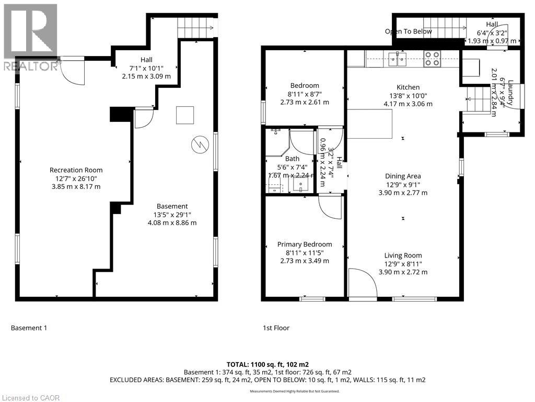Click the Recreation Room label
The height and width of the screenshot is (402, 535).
coord(76,170)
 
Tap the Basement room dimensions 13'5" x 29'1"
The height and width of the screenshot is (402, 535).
coord(172,215)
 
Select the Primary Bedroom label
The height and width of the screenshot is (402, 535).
coord(305,244)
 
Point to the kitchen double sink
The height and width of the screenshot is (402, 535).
coord(398,58)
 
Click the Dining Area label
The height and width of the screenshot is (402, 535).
coord(403,176)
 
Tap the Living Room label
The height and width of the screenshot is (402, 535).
coord(403,255)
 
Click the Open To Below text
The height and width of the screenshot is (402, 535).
coord(409,31)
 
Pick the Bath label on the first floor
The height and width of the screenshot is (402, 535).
coord(292,159)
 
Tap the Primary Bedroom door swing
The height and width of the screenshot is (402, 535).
coord(330,207)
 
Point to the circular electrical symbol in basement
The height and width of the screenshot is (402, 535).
coord(199,144)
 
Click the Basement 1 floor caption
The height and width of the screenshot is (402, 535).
coord(29,328)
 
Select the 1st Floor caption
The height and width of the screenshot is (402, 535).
coord(276,328)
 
